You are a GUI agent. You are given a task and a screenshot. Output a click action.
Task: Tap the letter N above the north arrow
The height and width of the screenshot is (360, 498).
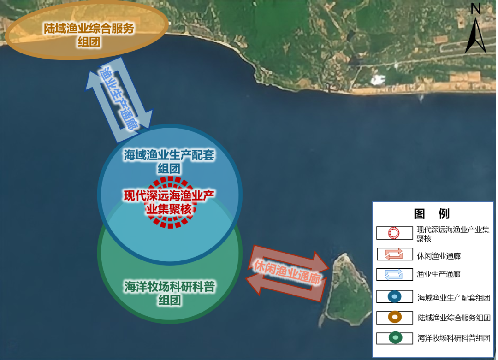click(476, 8)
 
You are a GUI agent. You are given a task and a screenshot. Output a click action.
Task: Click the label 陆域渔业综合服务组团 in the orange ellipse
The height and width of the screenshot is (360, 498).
click(89, 35)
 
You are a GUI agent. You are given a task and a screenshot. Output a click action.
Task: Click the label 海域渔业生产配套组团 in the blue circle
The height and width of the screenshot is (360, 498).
click(169, 161)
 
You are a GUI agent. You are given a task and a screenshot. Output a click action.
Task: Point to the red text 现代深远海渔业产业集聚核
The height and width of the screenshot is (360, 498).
click(170, 202)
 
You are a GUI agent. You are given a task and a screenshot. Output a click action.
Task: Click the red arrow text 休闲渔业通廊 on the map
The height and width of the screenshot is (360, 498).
click(287, 274)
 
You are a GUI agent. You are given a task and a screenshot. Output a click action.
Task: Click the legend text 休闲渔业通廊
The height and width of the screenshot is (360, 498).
click(439, 255)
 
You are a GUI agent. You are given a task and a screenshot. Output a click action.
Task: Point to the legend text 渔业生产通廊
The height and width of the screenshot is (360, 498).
click(439, 275)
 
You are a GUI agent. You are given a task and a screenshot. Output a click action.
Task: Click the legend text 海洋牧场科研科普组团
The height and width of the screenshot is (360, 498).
click(454, 338)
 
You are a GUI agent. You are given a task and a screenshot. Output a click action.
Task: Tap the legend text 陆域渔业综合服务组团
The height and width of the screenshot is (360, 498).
click(454, 318)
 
